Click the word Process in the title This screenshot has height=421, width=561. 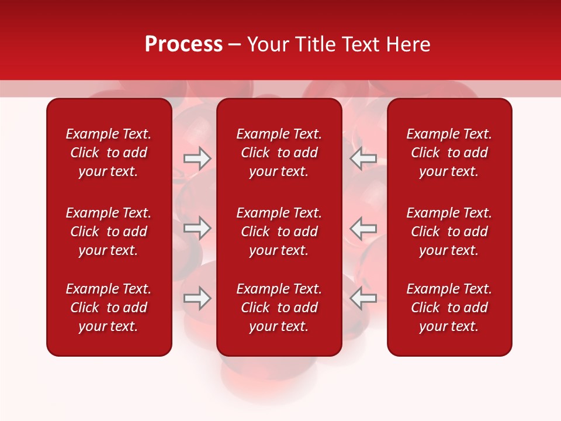click(183, 44)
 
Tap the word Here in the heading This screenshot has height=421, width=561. click(408, 44)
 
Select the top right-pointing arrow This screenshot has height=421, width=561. click(198, 158)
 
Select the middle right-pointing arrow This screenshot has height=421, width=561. click(198, 228)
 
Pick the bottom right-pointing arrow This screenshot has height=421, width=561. click(198, 298)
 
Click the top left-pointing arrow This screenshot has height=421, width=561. click(363, 158)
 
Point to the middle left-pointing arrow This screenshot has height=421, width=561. click(363, 228)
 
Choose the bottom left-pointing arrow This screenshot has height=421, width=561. click(363, 298)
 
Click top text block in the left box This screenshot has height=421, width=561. click(109, 153)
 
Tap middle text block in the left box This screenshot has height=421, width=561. click(109, 232)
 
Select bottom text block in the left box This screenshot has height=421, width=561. click(109, 308)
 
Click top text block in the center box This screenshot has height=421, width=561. click(279, 153)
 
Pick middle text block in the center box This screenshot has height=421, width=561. click(279, 232)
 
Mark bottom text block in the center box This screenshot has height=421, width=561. click(279, 308)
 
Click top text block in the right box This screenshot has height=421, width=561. click(449, 153)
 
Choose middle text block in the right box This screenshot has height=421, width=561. click(449, 232)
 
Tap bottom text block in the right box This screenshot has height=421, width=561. click(449, 308)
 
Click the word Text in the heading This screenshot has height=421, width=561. click(362, 44)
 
